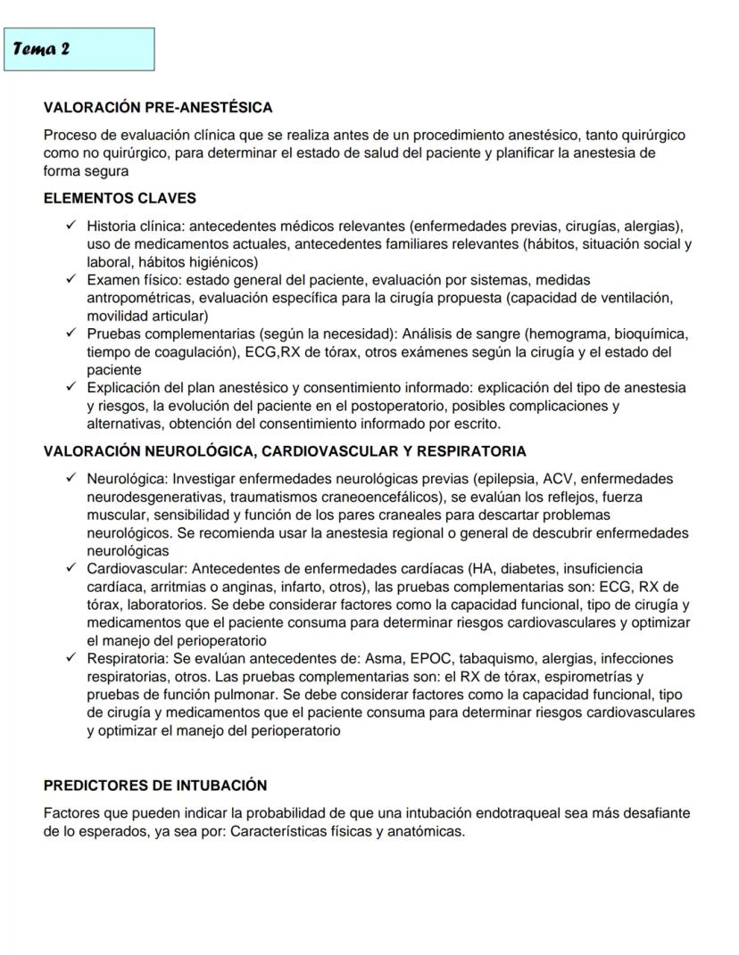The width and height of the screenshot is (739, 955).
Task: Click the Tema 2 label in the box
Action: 42,49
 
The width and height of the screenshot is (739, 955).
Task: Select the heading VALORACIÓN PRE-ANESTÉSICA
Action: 158,108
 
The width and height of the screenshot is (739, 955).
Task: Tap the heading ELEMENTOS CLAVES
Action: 120,198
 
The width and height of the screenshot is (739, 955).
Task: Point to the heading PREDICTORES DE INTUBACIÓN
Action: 155,786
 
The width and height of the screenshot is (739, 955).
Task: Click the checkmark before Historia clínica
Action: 71,226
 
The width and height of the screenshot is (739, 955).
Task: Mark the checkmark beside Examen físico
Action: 71,280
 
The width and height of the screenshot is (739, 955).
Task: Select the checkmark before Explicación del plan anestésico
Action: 71,388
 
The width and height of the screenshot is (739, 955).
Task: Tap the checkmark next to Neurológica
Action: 71,479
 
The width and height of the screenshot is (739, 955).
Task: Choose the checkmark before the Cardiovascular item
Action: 71,569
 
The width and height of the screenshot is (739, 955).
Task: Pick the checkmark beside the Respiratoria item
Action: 71,659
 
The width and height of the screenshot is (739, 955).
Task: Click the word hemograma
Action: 567,334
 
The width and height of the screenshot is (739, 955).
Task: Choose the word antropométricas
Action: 140,298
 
